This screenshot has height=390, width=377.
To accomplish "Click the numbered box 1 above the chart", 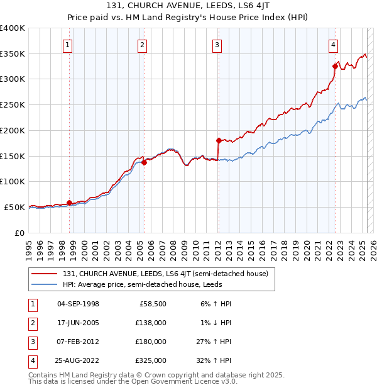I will click(x=67, y=45).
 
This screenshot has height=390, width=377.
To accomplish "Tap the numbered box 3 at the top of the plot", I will click(x=217, y=45).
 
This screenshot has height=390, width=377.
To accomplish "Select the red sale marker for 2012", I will click(x=219, y=140).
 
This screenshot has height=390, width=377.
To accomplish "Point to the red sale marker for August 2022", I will click(x=335, y=66).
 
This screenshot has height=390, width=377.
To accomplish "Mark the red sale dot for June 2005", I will click(x=144, y=162).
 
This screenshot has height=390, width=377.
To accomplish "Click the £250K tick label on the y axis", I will click(x=13, y=105).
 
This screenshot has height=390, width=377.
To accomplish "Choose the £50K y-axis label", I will click(x=14, y=207).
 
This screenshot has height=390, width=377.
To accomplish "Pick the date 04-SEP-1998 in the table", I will click(x=78, y=304).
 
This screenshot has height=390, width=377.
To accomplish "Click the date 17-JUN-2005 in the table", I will click(x=78, y=323).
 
